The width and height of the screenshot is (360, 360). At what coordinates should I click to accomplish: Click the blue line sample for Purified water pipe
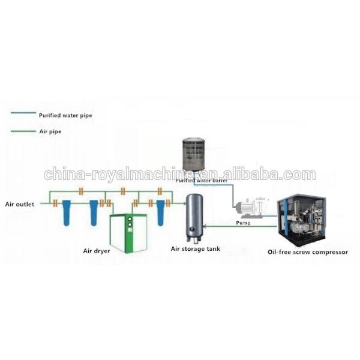point(23,113)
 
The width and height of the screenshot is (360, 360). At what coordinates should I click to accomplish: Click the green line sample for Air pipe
point(23,131)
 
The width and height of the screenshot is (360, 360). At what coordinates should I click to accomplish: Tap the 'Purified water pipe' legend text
point(65,115)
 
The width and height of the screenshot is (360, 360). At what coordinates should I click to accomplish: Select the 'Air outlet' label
point(20,204)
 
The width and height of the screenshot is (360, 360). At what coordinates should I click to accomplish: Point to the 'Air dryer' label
point(97,251)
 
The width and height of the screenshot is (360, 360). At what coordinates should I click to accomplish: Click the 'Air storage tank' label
point(196,249)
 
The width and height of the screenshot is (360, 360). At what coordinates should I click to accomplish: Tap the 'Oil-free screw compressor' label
point(308,252)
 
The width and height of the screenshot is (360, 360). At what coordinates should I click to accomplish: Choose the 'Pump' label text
point(243,223)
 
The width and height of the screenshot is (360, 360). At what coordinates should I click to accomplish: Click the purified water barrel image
point(194,155)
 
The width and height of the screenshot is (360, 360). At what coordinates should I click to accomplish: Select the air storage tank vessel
point(194,218)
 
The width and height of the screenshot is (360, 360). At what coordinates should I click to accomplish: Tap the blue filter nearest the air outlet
point(67,213)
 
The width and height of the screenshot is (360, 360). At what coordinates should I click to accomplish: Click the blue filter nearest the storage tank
point(160,213)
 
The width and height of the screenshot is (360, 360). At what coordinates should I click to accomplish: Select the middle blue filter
point(94,213)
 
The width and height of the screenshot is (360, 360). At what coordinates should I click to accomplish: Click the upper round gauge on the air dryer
point(130,219)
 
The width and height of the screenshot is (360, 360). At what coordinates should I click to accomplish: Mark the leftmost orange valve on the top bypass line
point(81,191)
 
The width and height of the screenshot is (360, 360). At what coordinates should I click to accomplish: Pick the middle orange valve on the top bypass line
point(123,191)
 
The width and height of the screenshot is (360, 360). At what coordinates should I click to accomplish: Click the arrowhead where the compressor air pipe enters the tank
point(205,226)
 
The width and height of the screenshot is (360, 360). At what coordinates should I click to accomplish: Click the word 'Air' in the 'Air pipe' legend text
point(43,131)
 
